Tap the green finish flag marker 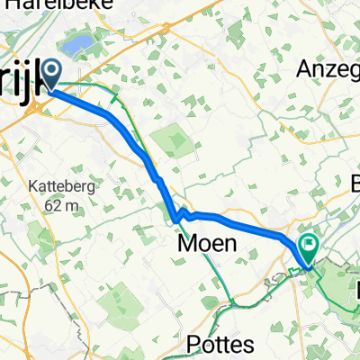click(310, 243)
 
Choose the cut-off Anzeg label click(328, 69)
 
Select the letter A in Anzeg click(306, 69)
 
